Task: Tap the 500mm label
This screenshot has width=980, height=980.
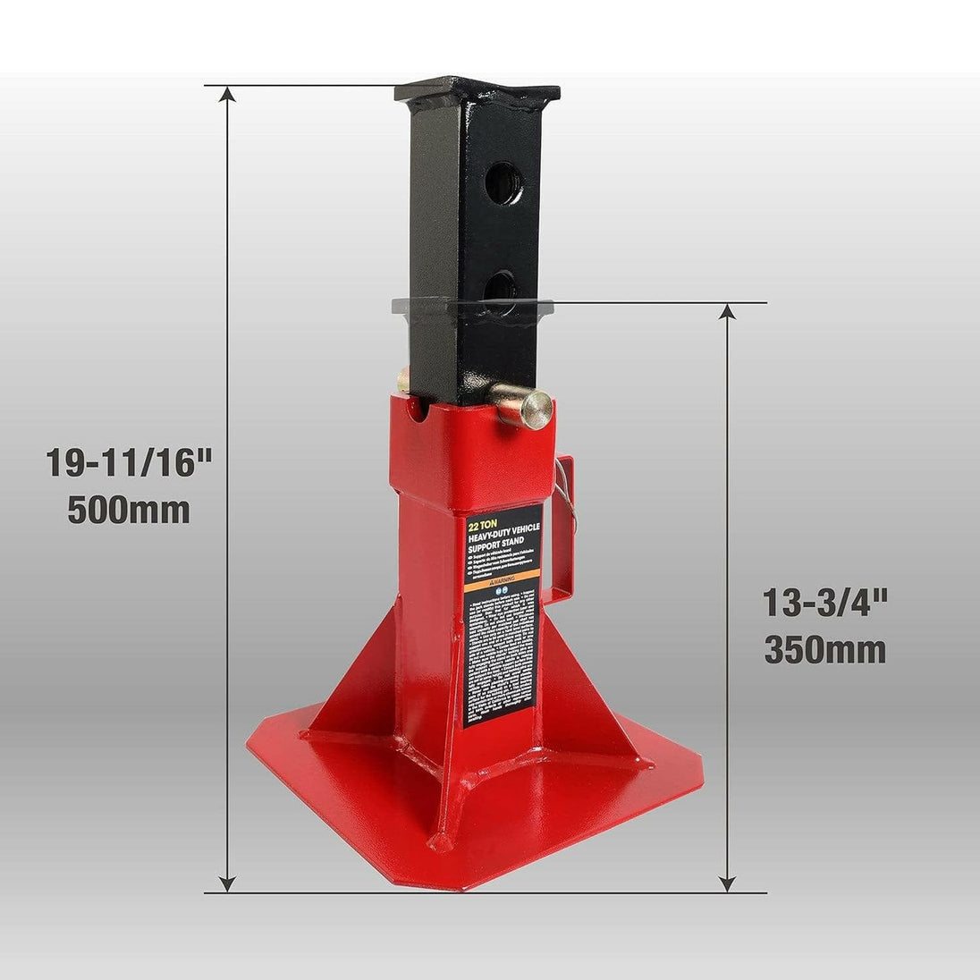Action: pos(129,511)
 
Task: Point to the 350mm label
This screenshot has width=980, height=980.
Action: pos(824,650)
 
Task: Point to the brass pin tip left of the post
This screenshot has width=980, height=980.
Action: pos(404,380)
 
